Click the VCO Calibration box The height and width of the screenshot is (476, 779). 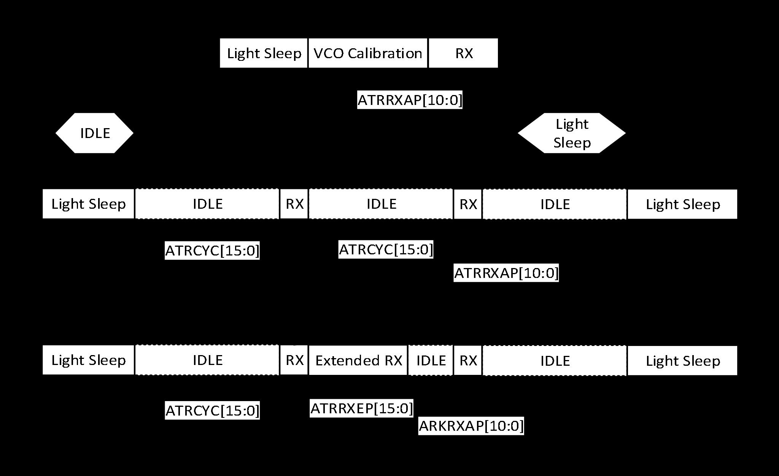point(368,53)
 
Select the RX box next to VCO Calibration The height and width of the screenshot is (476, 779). point(463,53)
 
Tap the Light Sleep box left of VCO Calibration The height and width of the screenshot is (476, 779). point(264,53)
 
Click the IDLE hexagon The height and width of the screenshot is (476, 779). point(95,133)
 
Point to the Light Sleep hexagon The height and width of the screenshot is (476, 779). point(572,133)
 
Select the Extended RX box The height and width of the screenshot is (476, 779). point(358,360)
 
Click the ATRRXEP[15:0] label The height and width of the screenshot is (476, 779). point(361,409)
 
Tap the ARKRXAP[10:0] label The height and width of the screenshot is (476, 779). point(471,426)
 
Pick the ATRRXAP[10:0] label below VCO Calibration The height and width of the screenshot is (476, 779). point(410,100)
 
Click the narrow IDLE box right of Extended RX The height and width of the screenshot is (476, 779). point(431,360)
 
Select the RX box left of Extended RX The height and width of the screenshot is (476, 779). point(294,360)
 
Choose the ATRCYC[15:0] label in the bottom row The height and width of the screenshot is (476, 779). point(212,411)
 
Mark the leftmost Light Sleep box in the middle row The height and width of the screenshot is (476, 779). point(88,204)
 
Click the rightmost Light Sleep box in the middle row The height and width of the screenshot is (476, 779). point(682,205)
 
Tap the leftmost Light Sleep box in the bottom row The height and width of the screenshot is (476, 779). point(88,360)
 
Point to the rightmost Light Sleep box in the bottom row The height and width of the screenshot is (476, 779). point(682,361)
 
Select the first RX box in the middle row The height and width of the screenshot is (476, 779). point(294,204)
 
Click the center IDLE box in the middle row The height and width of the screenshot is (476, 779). point(381,204)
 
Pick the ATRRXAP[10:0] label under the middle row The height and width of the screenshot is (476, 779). point(506,273)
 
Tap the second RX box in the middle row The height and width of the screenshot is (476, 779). point(468,205)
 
